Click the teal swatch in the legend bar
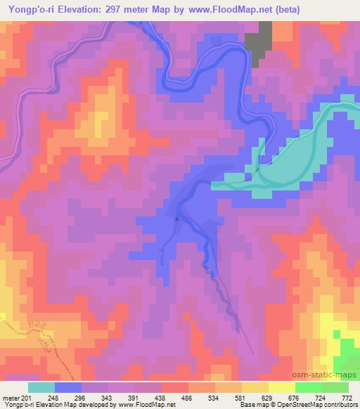[41, 387]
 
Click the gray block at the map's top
[260, 43]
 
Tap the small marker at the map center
[177, 219]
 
